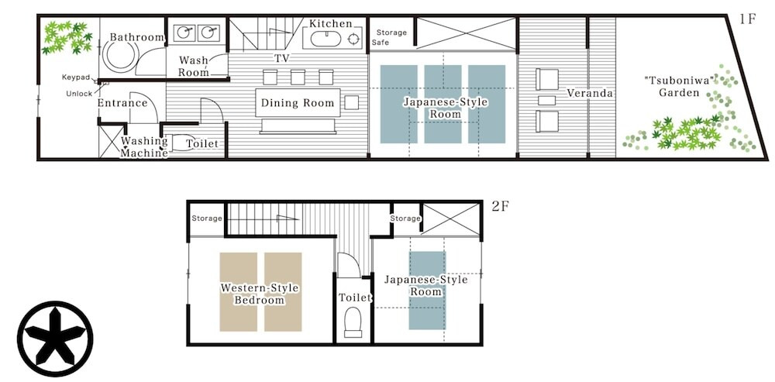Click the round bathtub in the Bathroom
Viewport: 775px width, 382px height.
click(x=120, y=55)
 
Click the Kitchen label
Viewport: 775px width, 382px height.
click(x=331, y=23)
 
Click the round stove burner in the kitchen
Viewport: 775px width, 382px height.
click(x=354, y=39)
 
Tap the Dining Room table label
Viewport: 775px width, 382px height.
click(x=298, y=103)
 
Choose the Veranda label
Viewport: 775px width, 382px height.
click(x=590, y=93)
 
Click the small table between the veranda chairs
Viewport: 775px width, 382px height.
click(x=546, y=101)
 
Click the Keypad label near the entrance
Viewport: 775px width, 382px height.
click(x=76, y=77)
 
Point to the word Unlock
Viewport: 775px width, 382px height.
click(x=79, y=94)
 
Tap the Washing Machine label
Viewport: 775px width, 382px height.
click(x=144, y=147)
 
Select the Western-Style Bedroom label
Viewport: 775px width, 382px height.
click(x=260, y=294)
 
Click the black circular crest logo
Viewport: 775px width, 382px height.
click(x=55, y=339)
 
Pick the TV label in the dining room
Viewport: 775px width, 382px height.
click(x=282, y=58)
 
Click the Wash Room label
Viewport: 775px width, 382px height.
click(x=194, y=66)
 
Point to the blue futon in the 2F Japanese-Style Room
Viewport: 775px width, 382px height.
click(x=427, y=290)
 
